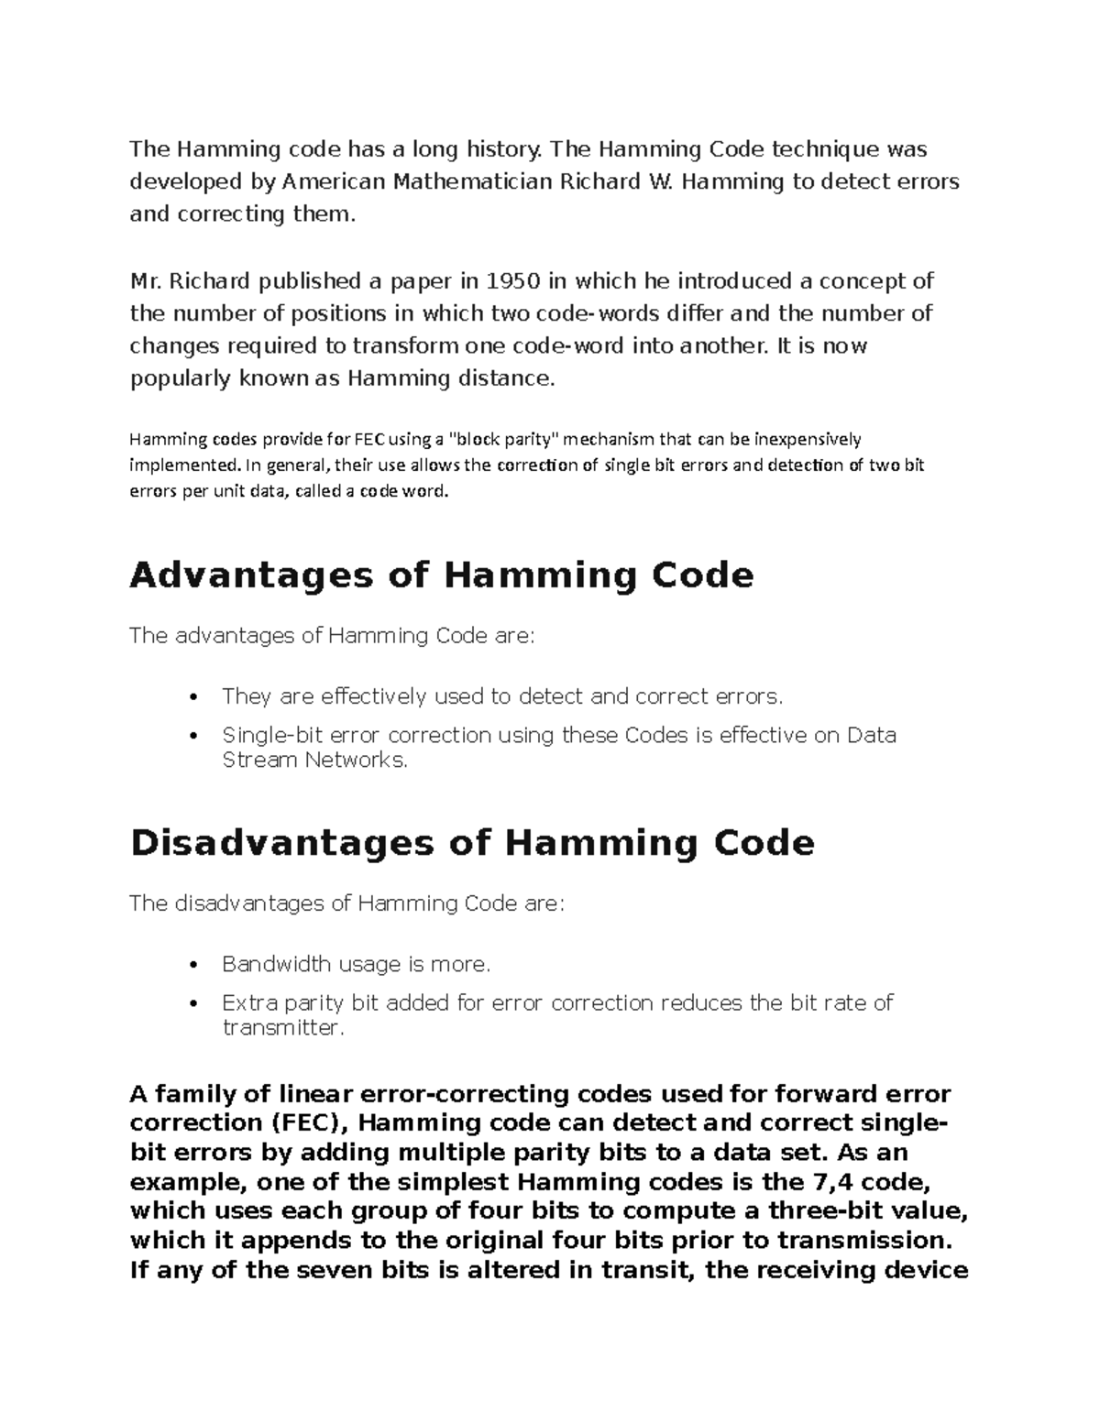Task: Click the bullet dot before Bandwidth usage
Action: click(x=192, y=965)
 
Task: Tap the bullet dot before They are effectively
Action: click(x=192, y=697)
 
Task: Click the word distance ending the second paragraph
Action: click(x=509, y=378)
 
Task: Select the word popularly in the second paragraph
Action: click(x=181, y=379)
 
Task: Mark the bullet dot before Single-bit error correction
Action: click(x=192, y=736)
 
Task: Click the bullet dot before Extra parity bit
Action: click(x=192, y=1003)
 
